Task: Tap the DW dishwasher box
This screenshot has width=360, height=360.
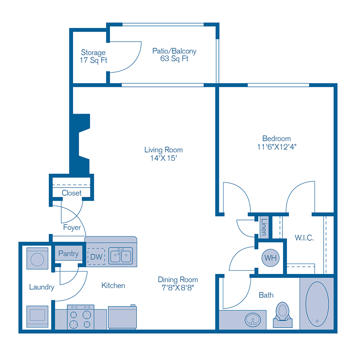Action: (96, 256)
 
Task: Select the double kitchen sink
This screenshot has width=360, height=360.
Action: (121, 256)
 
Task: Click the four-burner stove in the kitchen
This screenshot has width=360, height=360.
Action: (80, 318)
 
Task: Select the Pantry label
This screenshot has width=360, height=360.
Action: (68, 254)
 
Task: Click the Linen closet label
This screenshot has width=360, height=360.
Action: (264, 227)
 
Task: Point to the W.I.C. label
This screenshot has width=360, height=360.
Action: (304, 238)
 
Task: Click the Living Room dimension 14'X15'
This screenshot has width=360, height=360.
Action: (163, 158)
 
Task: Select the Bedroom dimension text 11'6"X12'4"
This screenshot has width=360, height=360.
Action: (276, 147)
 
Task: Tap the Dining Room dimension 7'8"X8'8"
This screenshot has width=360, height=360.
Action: (178, 288)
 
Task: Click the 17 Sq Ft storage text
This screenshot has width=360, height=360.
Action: (93, 60)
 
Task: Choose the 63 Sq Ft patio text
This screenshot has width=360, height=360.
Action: (174, 59)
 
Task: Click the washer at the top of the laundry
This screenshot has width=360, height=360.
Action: (37, 258)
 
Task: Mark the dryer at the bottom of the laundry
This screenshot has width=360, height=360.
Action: (37, 316)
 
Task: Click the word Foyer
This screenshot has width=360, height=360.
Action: (72, 228)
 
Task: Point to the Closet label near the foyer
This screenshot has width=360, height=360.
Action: (72, 193)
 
